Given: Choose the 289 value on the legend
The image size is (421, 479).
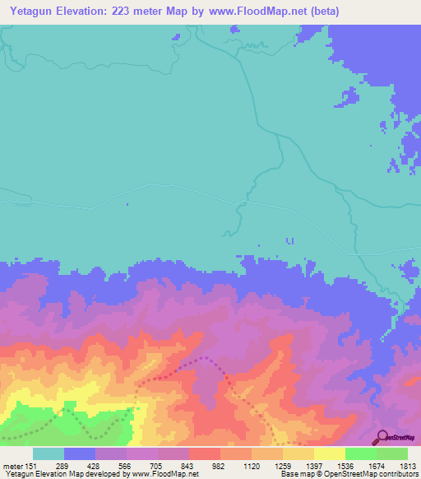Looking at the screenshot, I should tap(64, 465).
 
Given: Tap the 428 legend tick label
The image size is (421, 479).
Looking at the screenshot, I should tap(95, 465).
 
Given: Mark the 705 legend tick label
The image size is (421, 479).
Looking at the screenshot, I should tap(158, 465).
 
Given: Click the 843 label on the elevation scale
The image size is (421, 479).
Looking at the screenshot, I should tap(189, 465).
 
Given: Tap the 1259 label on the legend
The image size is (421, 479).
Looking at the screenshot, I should tap(283, 465).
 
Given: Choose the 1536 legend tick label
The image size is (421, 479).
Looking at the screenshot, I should tap(345, 465).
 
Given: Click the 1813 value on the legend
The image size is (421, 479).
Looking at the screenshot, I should tap(406, 465).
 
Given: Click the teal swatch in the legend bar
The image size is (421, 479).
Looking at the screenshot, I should tap(49, 453).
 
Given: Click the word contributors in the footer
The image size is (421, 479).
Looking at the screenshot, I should tap(397, 474).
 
